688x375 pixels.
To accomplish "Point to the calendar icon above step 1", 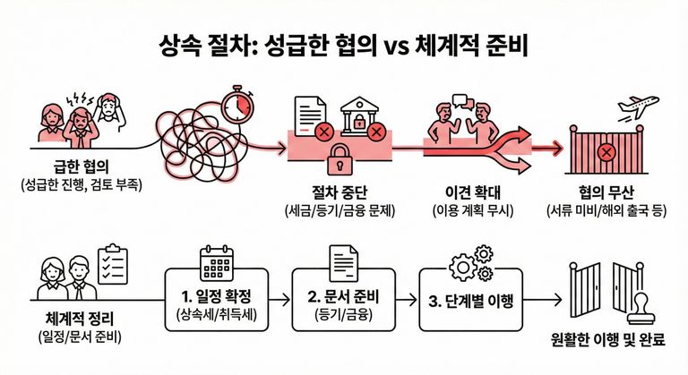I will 217,260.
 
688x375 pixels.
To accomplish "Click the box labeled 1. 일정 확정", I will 218,300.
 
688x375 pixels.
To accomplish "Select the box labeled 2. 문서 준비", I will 343,300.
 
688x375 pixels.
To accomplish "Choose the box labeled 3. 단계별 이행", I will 469,300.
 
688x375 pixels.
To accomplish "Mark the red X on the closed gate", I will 606,154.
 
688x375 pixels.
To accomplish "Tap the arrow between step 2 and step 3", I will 407,300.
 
